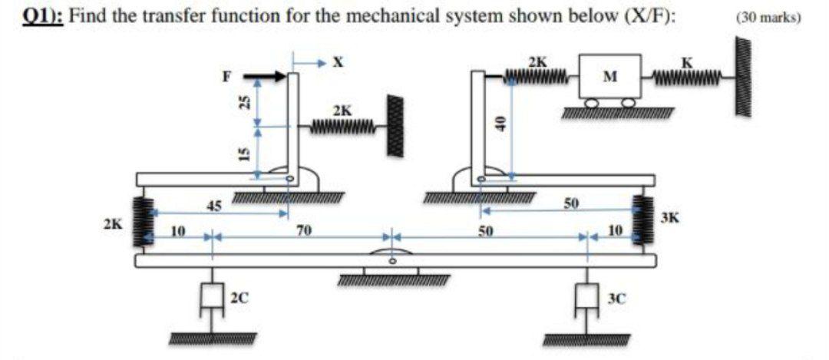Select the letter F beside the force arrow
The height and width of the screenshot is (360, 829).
(x=226, y=76)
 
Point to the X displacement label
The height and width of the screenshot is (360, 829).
(x=336, y=61)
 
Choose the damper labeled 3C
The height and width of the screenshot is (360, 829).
(x=589, y=297)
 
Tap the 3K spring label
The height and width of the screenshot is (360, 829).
(x=666, y=217)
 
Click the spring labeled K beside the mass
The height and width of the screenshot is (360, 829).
(x=685, y=75)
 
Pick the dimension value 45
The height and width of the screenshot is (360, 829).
(x=216, y=205)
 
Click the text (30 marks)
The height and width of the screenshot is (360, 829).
(x=768, y=17)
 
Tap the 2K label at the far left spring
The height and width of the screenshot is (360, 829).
(x=112, y=225)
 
